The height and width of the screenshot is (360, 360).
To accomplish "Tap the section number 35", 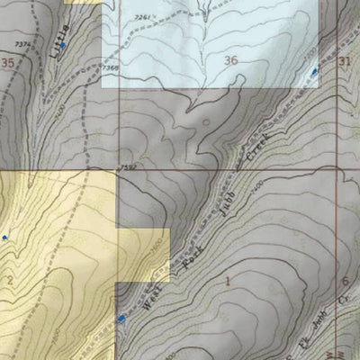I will coord(8,62).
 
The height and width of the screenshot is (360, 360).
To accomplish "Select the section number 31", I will coord(346,60).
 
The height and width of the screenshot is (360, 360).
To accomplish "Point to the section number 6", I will coord(346,282).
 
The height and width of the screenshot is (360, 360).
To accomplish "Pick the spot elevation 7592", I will coord(127,167).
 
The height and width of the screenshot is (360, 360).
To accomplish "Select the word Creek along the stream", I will coord(260,151).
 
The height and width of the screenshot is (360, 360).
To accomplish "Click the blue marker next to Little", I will coord(63,44).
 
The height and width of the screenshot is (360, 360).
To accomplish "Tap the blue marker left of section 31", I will coord(314,71).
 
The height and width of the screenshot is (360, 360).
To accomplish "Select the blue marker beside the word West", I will coord(121,317).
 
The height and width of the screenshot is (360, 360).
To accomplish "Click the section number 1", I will coord(228,282).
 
